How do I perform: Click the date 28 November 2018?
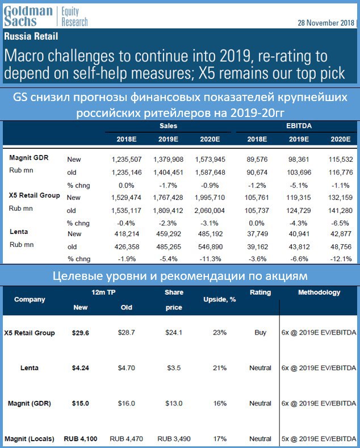pyautogui.click(x=326, y=23)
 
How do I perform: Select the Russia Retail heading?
pyautogui.click(x=31, y=36)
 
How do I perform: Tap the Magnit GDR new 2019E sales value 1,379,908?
pyautogui.click(x=168, y=160)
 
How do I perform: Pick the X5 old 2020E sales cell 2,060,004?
pyautogui.click(x=210, y=211)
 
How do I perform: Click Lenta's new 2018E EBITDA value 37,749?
pyautogui.click(x=257, y=234)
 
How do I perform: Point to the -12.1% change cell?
pyautogui.click(x=341, y=259)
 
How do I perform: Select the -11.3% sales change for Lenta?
pyautogui.click(x=210, y=259)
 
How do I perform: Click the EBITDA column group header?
pyautogui.click(x=299, y=126)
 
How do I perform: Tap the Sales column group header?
pyautogui.click(x=168, y=126)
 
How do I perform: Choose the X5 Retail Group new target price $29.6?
pyautogui.click(x=80, y=333)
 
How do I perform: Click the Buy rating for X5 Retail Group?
pyautogui.click(x=260, y=333)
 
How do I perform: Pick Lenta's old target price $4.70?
pyautogui.click(x=126, y=368)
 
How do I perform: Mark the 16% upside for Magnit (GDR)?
pyautogui.click(x=220, y=404)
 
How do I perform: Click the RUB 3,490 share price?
pyautogui.click(x=174, y=439)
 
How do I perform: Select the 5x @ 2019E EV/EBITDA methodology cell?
pyautogui.click(x=319, y=439)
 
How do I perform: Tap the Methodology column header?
pyautogui.click(x=319, y=292)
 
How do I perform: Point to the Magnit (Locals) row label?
pyautogui.click(x=30, y=439)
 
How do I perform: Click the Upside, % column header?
pyautogui.click(x=219, y=299)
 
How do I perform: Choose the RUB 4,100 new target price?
pyautogui.click(x=80, y=439)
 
